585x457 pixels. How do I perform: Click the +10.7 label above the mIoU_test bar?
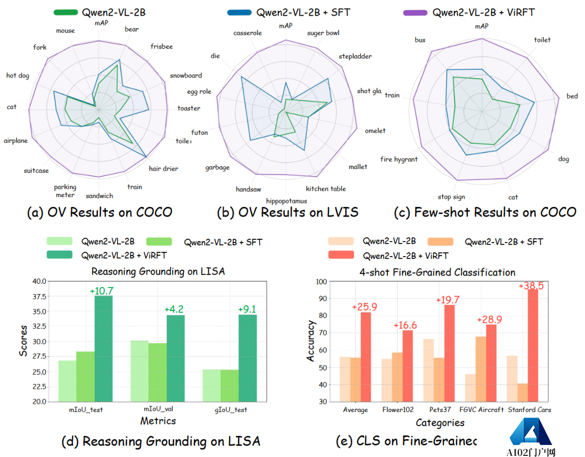point(101,291)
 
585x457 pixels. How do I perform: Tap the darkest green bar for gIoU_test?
point(248,357)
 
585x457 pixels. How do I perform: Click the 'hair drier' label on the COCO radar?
point(163,168)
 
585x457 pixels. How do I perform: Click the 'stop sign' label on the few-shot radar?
point(451,197)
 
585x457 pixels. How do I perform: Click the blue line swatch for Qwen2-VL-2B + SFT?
point(236,12)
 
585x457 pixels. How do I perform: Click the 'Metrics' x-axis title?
point(158,421)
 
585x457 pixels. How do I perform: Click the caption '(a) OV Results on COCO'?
point(100,212)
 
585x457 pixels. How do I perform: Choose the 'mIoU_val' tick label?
point(158,410)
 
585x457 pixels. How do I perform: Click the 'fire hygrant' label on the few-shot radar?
point(399,159)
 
